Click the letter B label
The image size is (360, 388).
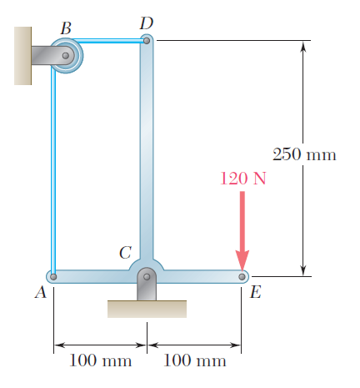[66, 28]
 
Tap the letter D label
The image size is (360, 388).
[147, 23]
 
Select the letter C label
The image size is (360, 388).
[125, 253]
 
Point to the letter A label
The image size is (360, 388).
[41, 292]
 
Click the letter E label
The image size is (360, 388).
[256, 292]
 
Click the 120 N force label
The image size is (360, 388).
[243, 179]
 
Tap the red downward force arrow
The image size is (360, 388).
[242, 231]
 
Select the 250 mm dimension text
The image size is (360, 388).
[304, 154]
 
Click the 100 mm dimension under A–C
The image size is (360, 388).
[100, 360]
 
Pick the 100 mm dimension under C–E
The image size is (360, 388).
[195, 360]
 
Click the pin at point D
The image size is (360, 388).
[147, 41]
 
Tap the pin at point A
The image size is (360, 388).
[53, 277]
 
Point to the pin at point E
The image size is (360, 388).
[242, 277]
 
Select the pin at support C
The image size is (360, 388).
[147, 277]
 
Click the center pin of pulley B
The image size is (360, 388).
[66, 56]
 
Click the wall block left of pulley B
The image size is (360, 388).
[22, 56]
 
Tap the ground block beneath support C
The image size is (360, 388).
[147, 309]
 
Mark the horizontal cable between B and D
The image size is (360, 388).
[108, 41]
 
